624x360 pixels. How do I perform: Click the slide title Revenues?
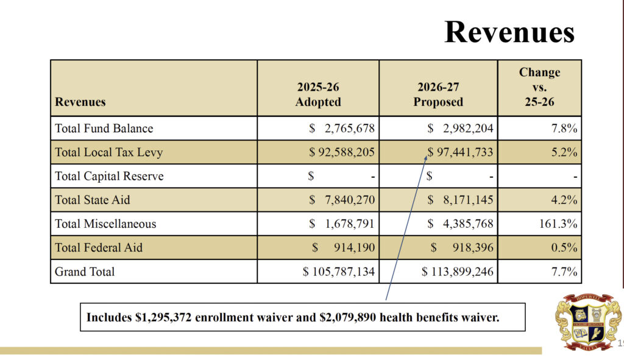coord(509,32)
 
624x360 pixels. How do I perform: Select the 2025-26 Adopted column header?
coord(318,94)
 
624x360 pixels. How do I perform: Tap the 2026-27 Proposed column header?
coord(438,94)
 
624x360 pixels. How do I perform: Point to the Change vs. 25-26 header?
coord(539,87)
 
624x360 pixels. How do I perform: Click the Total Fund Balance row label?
coord(104,129)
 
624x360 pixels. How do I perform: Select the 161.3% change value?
coord(556,224)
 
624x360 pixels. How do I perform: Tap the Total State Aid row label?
coord(93,200)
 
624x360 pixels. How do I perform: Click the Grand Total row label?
coord(85,272)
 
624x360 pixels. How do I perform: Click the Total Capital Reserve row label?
coord(109,177)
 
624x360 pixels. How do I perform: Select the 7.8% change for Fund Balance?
coord(564,129)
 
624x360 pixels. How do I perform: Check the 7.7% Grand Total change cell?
coord(564,272)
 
